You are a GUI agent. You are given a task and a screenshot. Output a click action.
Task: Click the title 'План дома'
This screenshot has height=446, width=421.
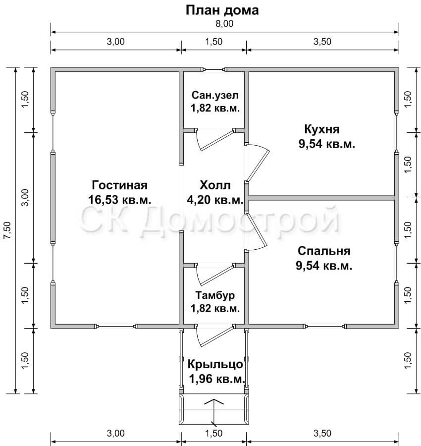[x=222, y=10]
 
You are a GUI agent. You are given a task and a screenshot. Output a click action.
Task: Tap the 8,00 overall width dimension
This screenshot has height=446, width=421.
[x=224, y=24]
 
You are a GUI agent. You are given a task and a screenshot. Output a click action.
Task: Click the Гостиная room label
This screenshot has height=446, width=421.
[x=119, y=185]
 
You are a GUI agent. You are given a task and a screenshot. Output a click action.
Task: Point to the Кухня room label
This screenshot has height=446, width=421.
[x=322, y=129]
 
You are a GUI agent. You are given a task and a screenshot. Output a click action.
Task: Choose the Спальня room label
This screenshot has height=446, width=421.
[x=324, y=251]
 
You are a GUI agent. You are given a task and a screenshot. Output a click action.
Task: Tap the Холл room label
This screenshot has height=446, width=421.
[x=215, y=185]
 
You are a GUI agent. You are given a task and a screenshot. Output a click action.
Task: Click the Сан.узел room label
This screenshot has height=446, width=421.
[x=215, y=95]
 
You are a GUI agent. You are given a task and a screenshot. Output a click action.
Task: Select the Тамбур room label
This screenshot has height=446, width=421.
[x=215, y=295]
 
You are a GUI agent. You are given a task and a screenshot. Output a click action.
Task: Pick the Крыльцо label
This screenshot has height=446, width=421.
[x=215, y=364]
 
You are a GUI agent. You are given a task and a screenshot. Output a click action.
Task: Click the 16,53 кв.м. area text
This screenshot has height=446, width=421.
[x=119, y=200]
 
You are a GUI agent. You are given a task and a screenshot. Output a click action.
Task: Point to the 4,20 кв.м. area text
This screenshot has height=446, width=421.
[x=215, y=200]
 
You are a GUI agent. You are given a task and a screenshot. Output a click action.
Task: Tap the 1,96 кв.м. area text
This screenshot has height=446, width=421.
[x=217, y=379]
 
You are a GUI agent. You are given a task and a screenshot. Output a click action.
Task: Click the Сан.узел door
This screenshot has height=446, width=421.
[x=215, y=140]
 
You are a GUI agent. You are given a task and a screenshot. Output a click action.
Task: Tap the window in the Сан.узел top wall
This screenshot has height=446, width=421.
[x=214, y=69]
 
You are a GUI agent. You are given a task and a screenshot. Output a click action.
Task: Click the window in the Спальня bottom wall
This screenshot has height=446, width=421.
[x=325, y=326]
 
